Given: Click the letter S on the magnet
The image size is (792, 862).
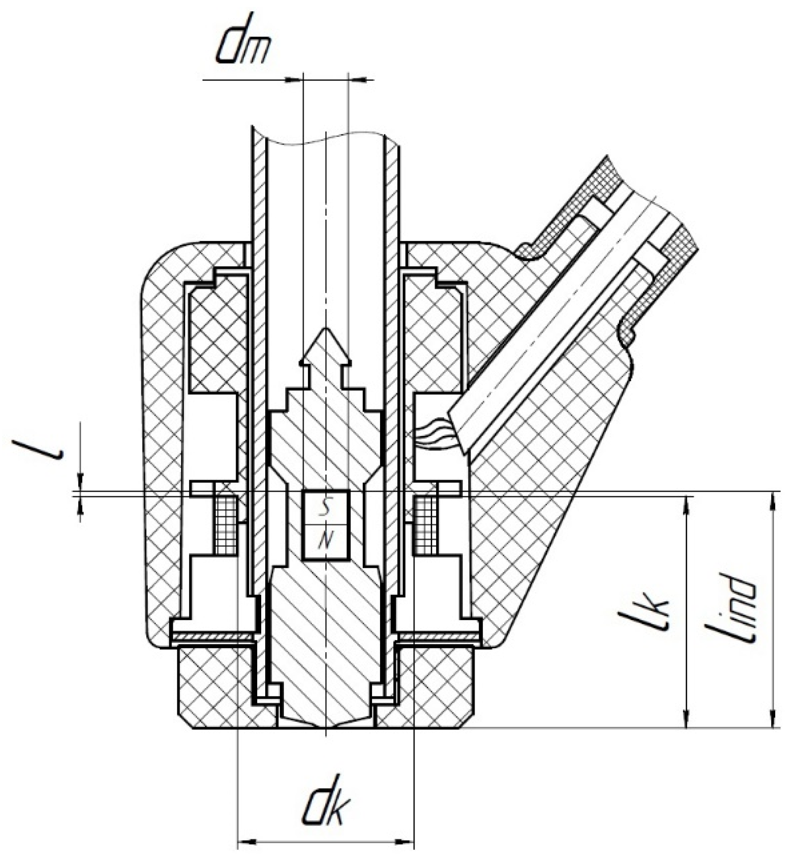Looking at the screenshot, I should point(325,507).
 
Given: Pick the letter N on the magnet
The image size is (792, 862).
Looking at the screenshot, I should point(325,541).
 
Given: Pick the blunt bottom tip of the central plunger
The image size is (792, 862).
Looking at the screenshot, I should point(325,724).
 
